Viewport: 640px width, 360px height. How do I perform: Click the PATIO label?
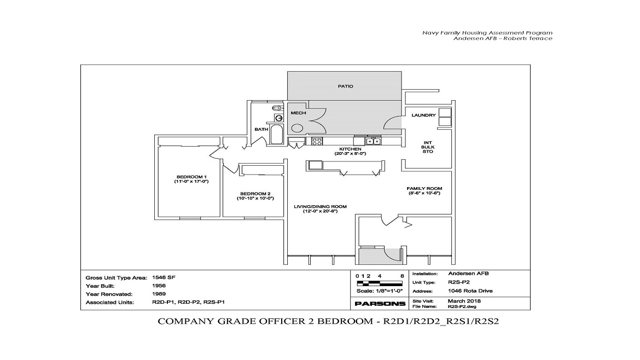pyautogui.click(x=345, y=86)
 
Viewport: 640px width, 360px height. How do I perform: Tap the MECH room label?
pyautogui.click(x=298, y=113)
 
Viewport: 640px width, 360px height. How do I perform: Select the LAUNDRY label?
pyautogui.click(x=423, y=115)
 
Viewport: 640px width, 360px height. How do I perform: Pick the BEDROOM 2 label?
pyautogui.click(x=255, y=196)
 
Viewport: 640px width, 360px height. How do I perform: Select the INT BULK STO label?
pyautogui.click(x=428, y=147)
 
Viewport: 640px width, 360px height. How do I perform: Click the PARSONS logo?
pyautogui.click(x=380, y=304)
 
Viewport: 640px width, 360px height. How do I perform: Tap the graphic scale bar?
pyautogui.click(x=380, y=283)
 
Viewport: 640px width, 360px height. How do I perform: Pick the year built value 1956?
pyautogui.click(x=158, y=286)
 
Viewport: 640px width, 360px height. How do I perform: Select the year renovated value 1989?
pyautogui.click(x=158, y=294)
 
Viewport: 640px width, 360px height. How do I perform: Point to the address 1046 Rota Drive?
pyautogui.click(x=470, y=291)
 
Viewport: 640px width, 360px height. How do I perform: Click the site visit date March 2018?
pyautogui.click(x=463, y=301)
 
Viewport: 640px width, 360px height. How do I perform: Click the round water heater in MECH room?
pyautogui.click(x=297, y=128)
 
